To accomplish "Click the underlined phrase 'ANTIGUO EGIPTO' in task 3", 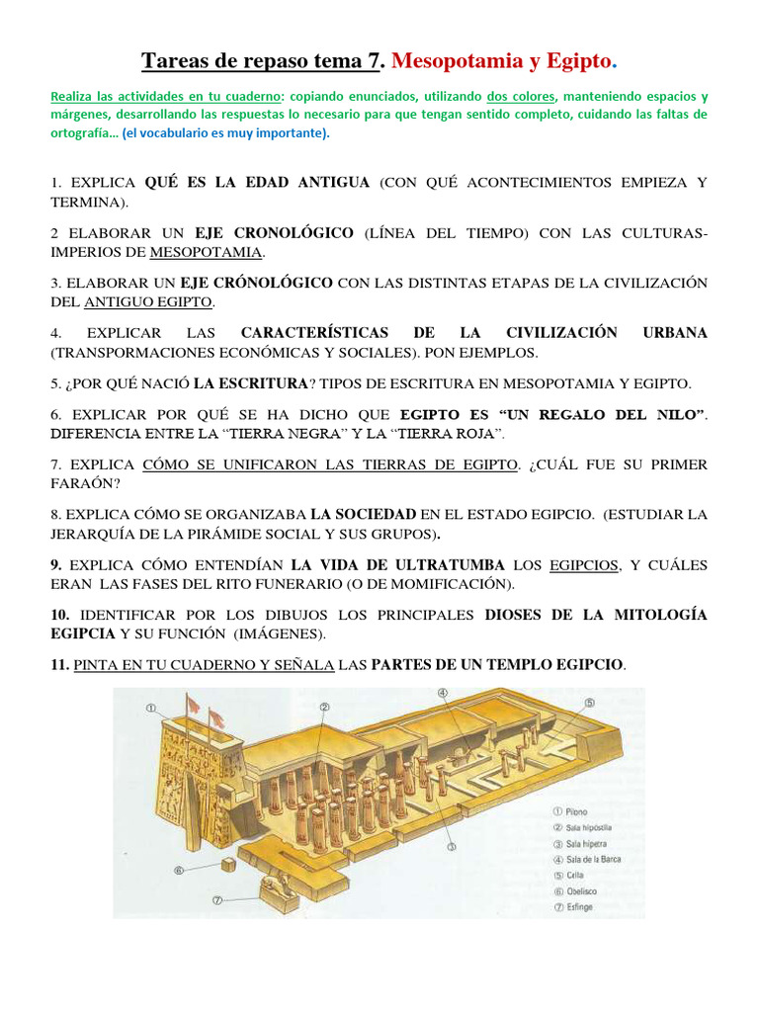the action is (x=148, y=301).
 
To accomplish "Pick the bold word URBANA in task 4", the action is (x=675, y=333).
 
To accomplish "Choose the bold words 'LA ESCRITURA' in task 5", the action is (x=250, y=382).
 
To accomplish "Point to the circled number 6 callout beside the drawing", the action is (x=179, y=871).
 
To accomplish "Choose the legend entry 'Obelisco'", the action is (x=581, y=890).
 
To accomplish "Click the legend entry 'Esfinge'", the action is (x=579, y=906).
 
